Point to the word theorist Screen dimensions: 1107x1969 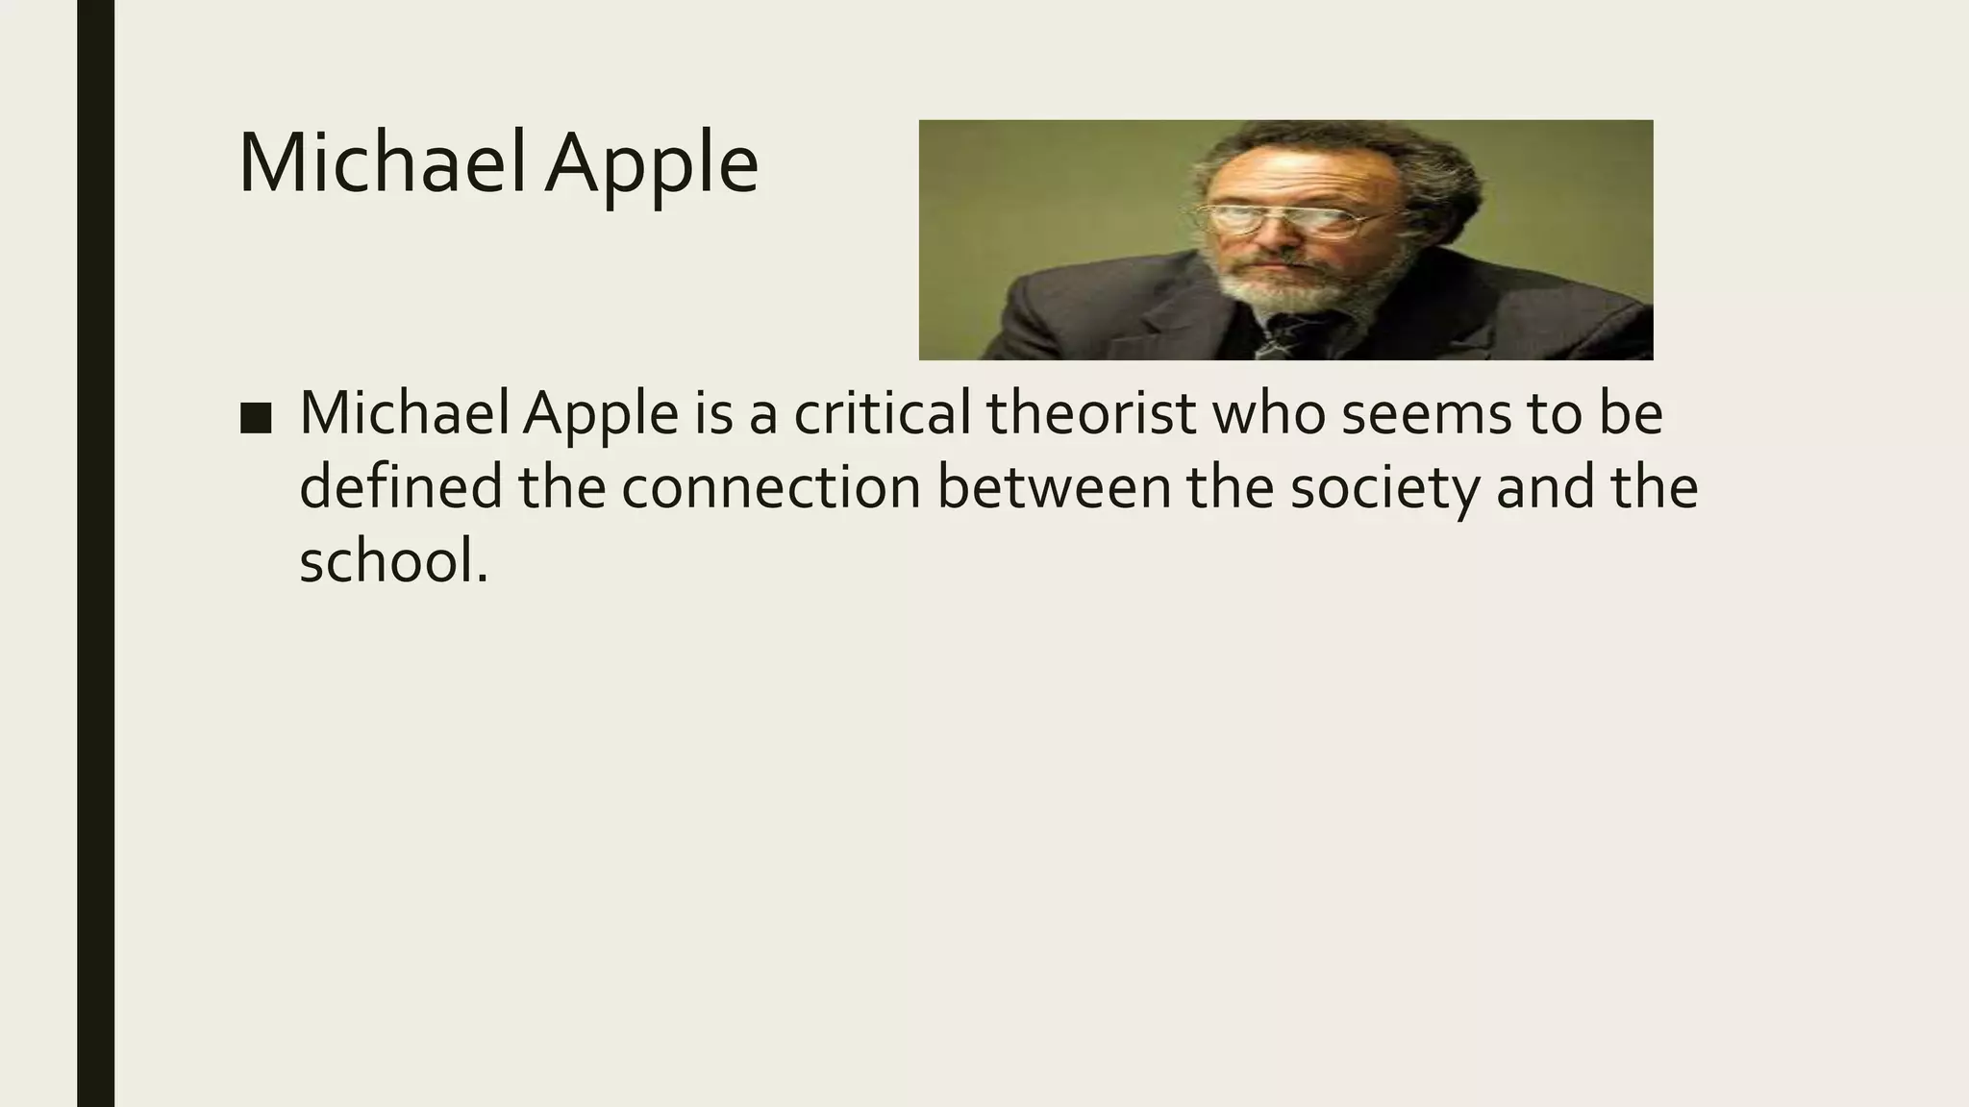pos(1091,414)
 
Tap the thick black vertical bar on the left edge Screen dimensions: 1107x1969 pos(95,553)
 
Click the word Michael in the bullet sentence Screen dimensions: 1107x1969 pos(408,414)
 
